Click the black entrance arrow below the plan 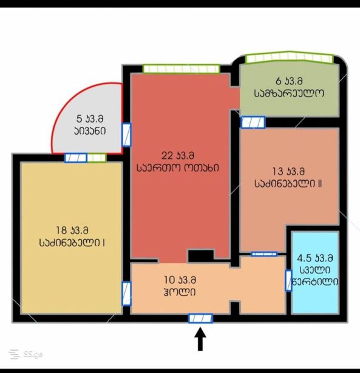pyautogui.click(x=200, y=339)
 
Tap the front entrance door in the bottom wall pyautogui.click(x=200, y=318)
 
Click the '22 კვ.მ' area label pyautogui.click(x=178, y=156)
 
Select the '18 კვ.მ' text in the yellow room pyautogui.click(x=72, y=230)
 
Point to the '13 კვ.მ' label pyautogui.click(x=288, y=171)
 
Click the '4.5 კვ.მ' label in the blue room pyautogui.click(x=314, y=258)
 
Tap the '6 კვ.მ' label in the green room pyautogui.click(x=289, y=81)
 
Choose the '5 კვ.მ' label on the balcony pyautogui.click(x=90, y=118)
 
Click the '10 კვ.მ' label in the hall pyautogui.click(x=180, y=280)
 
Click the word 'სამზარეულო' pyautogui.click(x=289, y=93)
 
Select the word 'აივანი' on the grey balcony pyautogui.click(x=90, y=131)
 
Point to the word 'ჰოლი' pyautogui.click(x=180, y=292)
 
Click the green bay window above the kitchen pyautogui.click(x=289, y=58)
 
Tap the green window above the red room pyautogui.click(x=181, y=69)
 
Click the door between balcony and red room pyautogui.click(x=126, y=135)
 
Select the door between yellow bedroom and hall pyautogui.click(x=126, y=294)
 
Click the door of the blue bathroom pyautogui.click(x=288, y=281)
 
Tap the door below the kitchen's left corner pyautogui.click(x=253, y=123)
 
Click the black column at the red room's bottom pyautogui.click(x=201, y=256)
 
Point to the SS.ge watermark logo pyautogui.click(x=26, y=355)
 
